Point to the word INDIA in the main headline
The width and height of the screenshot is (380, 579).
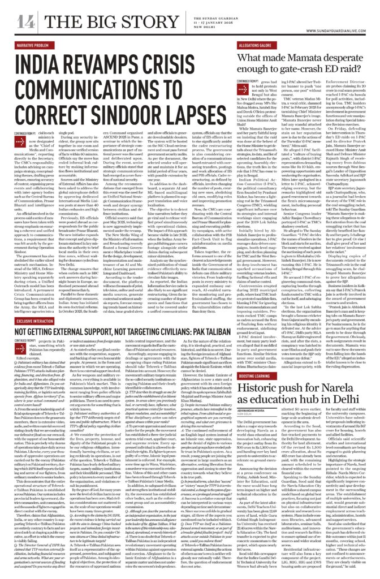[33, 60]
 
